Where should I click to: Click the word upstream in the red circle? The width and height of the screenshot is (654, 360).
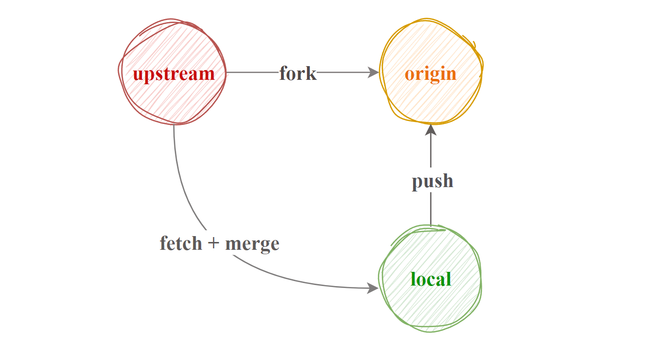coord(174,74)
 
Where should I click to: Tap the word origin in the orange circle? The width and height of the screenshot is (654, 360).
coord(430,74)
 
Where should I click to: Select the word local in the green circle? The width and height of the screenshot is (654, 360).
coord(431,279)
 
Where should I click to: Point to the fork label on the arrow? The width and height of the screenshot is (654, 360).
coord(298,73)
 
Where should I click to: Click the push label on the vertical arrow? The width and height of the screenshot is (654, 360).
coord(432,181)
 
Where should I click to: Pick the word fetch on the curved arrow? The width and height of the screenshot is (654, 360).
coord(181,243)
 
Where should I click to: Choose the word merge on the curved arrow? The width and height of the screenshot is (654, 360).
coord(252,243)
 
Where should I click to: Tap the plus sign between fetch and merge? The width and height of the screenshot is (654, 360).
coord(213,243)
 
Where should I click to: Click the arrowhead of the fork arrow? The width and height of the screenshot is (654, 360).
coord(374,72)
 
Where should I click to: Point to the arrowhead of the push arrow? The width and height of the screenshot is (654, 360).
coord(431,130)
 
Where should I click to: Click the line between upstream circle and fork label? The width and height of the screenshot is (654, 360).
coord(252,72)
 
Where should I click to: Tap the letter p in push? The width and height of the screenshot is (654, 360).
coord(417,183)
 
